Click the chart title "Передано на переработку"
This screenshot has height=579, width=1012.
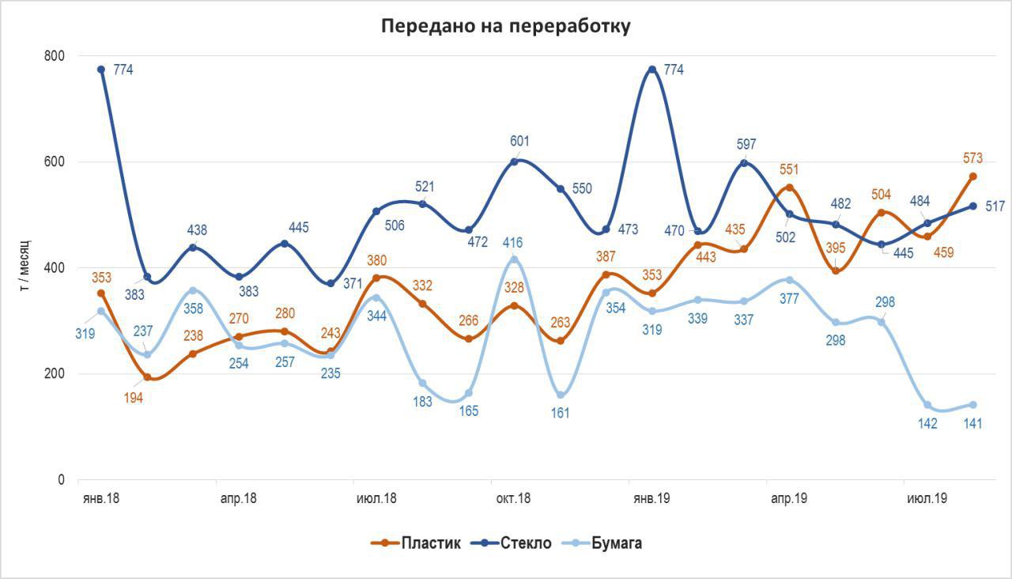[506, 25]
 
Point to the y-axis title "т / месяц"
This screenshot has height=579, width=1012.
[24, 268]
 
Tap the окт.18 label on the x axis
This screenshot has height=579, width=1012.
[513, 499]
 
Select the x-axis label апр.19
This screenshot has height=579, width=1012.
[789, 499]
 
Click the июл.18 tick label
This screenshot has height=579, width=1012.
[376, 499]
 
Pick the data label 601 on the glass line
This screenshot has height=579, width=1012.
[519, 142]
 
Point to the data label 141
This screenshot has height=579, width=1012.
[972, 424]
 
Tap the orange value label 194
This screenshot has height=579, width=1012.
[133, 398]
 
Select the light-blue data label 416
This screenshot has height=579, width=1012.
[512, 243]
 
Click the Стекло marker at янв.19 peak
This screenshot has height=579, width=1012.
[652, 70]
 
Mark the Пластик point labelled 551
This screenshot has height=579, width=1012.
[790, 187]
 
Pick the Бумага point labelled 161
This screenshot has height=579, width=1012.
[561, 395]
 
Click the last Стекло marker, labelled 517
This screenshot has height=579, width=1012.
[973, 206]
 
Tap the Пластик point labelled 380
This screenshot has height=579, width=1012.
[377, 278]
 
